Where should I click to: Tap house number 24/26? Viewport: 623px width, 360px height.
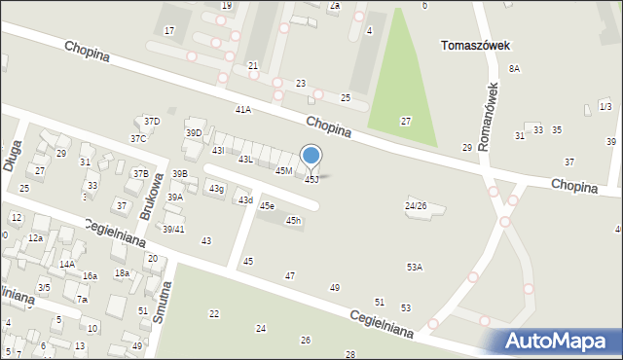click(416, 206)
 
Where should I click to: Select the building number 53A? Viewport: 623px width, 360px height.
click(415, 267)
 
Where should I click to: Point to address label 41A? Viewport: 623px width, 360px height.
click(242, 110)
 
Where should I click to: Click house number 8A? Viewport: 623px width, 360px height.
click(514, 69)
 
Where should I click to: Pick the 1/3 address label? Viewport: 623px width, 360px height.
click(605, 106)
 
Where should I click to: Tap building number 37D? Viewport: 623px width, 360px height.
click(151, 122)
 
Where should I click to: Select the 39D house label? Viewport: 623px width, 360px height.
click(194, 133)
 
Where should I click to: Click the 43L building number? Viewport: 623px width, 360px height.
click(246, 159)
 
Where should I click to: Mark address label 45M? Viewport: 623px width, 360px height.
click(283, 171)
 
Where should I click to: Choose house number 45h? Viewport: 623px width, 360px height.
click(293, 221)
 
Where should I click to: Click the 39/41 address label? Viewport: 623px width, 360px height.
click(173, 230)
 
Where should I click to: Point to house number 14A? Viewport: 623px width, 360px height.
click(67, 265)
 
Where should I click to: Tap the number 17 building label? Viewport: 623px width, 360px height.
click(169, 31)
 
